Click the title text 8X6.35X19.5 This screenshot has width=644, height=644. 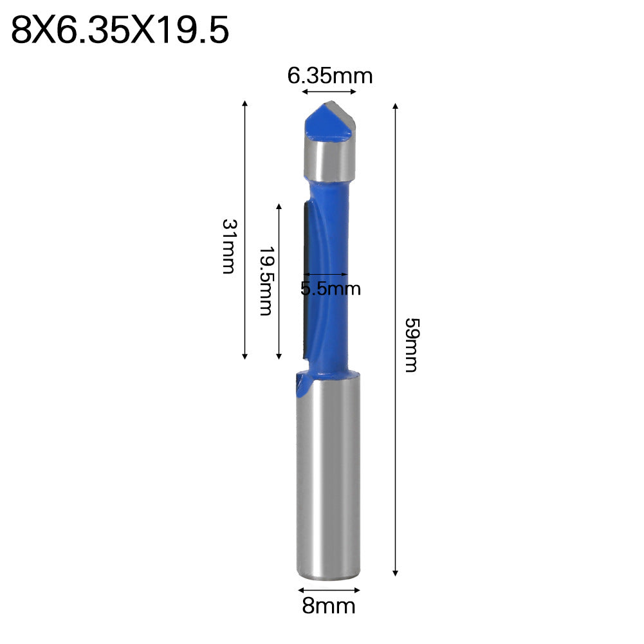(x=120, y=31)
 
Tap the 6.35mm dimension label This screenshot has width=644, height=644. (x=330, y=76)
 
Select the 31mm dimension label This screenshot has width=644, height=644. (x=228, y=246)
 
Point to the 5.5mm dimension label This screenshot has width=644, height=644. (x=331, y=288)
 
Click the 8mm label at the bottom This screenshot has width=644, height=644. (x=329, y=605)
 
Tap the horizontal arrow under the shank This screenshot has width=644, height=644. (x=329, y=588)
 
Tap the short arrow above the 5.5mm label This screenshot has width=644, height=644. (x=325, y=273)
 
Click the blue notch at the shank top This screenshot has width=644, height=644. (x=301, y=386)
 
